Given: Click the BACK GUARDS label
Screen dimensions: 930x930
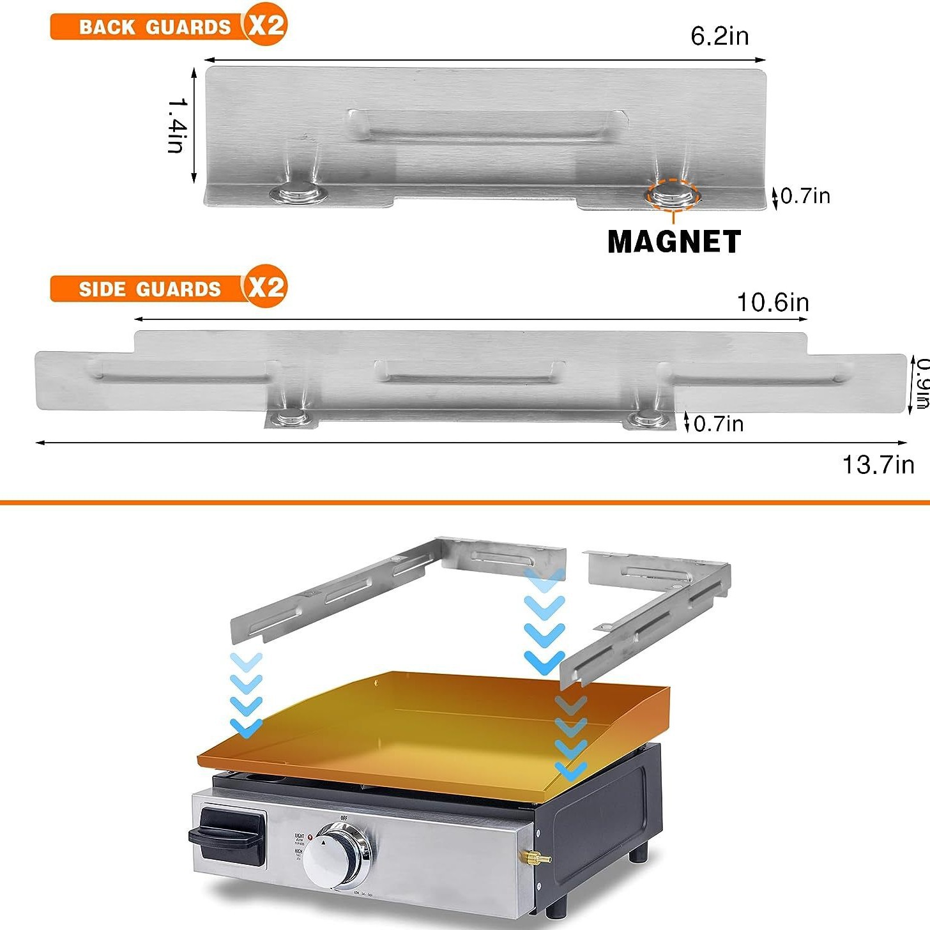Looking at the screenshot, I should pos(154,27).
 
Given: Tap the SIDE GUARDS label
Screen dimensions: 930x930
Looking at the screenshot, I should pos(149,289).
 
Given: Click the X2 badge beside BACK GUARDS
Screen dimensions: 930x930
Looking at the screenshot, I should pos(266,26).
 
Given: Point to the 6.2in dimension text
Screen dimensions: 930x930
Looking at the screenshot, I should pos(719,36).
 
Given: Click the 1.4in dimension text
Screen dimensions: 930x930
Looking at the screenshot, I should pos(178,125).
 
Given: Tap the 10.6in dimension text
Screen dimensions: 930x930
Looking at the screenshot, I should pos(773,302).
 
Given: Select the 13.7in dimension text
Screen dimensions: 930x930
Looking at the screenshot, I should pos(878,464).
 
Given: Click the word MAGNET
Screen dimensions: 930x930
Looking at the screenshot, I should pos(674,242).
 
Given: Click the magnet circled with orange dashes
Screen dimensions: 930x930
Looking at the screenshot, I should pos(673,195).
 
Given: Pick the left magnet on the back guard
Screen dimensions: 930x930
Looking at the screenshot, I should pos(298,193).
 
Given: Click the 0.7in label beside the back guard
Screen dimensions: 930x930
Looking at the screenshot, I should pos(805,196).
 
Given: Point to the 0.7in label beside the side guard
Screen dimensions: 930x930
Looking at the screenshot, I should pos(718,423).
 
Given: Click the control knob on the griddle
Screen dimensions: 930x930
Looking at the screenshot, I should pos(336,856).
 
